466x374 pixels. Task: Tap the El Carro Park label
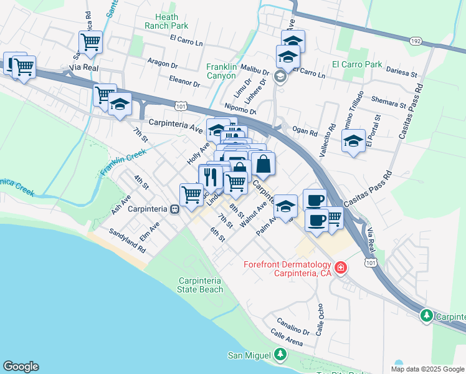coord(357,64)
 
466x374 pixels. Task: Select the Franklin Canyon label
coord(231,71)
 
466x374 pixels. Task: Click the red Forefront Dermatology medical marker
coord(341,268)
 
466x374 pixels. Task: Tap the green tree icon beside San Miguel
coord(280,355)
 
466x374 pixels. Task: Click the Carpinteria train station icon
coord(176,209)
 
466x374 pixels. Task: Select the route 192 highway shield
coord(415,41)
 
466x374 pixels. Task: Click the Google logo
coord(21,367)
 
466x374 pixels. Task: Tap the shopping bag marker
coord(264,164)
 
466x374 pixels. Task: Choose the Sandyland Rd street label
coord(126,240)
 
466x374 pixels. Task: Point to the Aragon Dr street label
coord(163,62)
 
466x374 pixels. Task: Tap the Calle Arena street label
coord(287,340)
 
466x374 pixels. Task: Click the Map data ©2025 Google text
coord(427,369)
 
